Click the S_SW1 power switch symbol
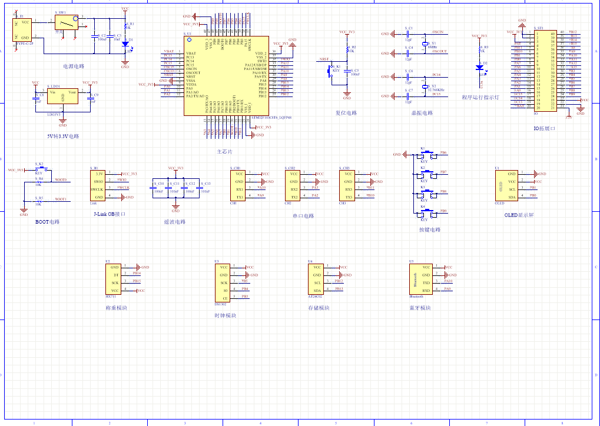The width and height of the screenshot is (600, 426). coord(66,23)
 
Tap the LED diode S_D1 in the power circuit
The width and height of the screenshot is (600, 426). coord(125,43)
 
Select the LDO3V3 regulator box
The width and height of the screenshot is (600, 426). coord(62,96)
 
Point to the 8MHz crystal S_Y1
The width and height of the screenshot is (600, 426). coord(425,44)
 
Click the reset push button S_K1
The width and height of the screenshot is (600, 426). coord(331,70)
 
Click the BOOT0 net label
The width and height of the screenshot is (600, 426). coord(61,179)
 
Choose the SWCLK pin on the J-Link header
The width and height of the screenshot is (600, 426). coord(98,189)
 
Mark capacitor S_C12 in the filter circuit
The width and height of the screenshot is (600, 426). coord(184,187)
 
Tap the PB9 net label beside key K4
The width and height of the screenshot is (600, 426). coord(443,210)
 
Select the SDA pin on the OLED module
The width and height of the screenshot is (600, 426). coord(512,197)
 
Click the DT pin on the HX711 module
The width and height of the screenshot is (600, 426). coord(115,275)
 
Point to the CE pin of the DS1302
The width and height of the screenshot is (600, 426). coord(224,297)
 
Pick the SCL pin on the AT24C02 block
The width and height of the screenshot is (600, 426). coord(317,282)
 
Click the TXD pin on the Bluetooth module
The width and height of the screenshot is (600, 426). coord(426,282)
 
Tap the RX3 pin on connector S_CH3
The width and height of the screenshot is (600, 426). coord(349,189)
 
